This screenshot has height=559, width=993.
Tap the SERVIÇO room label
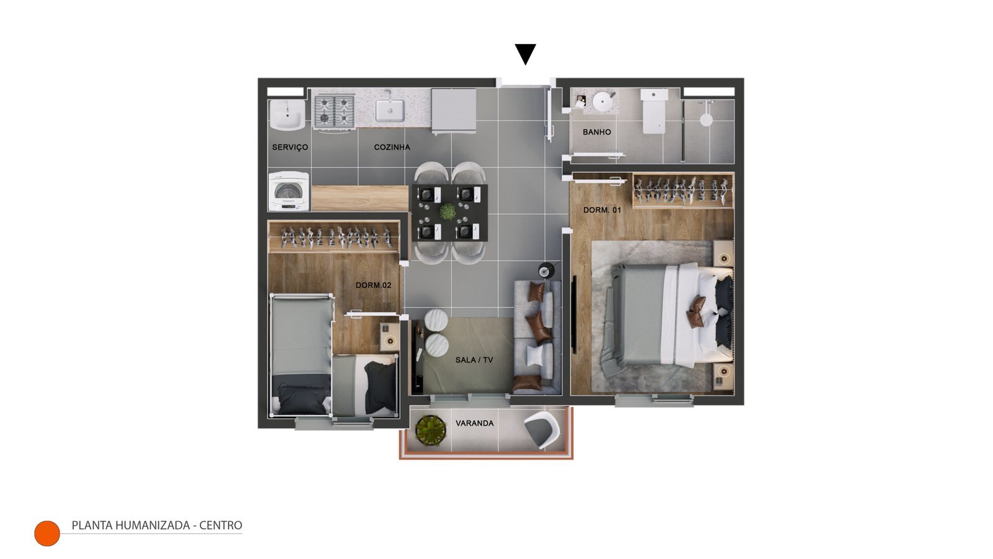[290, 147]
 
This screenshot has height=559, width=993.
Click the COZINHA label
[392, 147]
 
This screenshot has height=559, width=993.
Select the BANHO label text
[596, 132]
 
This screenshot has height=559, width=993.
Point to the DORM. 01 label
[602, 210]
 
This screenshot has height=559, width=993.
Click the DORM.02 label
[373, 285]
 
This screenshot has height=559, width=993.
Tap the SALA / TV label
[474, 360]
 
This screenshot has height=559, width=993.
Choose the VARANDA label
[474, 423]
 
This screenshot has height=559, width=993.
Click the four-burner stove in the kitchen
[335, 111]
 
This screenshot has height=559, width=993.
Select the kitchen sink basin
[390, 110]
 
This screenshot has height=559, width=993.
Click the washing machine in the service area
[289, 192]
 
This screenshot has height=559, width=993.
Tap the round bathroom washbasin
[604, 102]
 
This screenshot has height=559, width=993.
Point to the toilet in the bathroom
[654, 111]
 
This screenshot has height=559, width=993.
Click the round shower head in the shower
[706, 119]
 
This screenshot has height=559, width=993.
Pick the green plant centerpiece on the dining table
[447, 212]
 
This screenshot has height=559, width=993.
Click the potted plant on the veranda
[431, 429]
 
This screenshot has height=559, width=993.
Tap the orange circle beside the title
[47, 534]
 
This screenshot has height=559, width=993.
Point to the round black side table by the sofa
[547, 270]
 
